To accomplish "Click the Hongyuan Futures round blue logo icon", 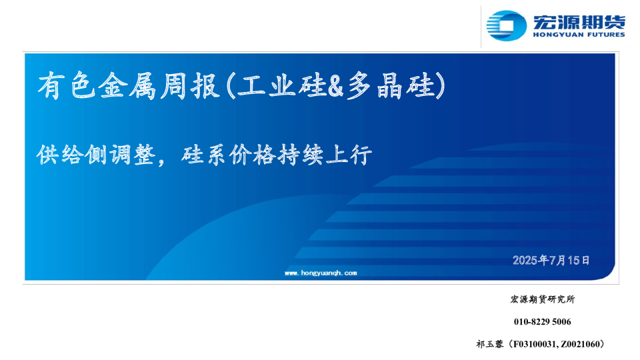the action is pos(506,26).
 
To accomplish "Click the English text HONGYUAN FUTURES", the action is pos(579,35).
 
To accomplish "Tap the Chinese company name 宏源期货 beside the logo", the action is pos(579,22).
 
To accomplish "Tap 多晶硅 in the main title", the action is pos(389,86).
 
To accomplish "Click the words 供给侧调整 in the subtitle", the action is pos(96,155).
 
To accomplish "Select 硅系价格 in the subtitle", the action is pos(228,155).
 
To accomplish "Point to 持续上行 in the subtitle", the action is pos(325,155).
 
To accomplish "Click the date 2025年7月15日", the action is pos(551,261).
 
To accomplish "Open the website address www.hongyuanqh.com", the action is pos(321,273).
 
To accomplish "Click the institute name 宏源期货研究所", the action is pos(543,299).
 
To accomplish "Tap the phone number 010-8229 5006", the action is pos(543,322).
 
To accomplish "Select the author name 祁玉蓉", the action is pos(490,344).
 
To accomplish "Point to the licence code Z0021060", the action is pos(579,345).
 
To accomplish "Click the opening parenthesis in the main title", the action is pos(231,86).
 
